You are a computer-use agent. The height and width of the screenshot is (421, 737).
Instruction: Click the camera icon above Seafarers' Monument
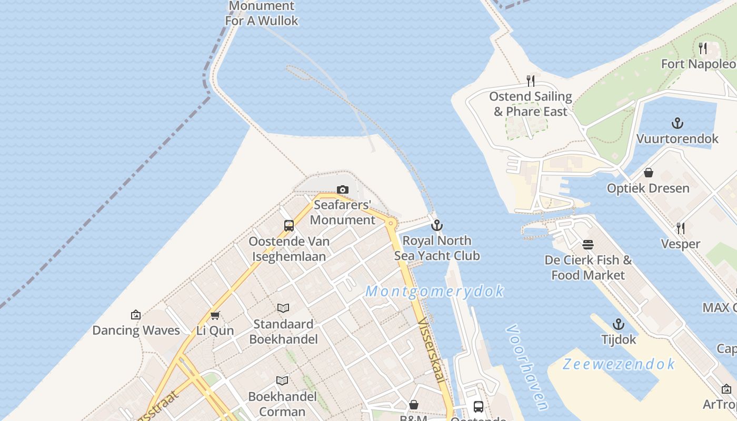(x=343, y=189)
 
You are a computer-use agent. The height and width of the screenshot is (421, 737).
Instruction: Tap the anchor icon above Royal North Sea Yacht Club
(x=436, y=226)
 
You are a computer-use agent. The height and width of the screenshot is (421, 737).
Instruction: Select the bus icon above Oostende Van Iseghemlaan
(x=289, y=226)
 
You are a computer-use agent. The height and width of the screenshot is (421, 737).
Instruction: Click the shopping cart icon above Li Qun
(x=215, y=315)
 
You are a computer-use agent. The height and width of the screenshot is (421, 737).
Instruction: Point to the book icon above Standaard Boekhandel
(x=283, y=308)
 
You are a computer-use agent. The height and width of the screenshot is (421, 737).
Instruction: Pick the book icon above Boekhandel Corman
(x=283, y=380)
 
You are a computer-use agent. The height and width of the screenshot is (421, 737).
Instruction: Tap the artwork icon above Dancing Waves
(x=136, y=315)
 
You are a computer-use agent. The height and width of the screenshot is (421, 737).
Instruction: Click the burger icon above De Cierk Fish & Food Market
(x=588, y=245)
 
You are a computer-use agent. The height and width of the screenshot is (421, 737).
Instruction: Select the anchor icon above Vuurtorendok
(x=678, y=123)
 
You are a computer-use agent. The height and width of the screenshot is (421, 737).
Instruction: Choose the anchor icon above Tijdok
(x=619, y=324)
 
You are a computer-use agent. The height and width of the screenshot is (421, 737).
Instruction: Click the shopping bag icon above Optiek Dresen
(x=649, y=173)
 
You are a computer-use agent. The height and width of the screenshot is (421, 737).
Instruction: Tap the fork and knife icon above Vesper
(x=681, y=228)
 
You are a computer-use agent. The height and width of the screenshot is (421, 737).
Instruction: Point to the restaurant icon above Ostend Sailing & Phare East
(x=531, y=81)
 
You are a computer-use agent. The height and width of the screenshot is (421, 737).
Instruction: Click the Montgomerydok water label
(x=435, y=291)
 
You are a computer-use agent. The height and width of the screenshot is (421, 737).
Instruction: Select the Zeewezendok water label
(x=619, y=364)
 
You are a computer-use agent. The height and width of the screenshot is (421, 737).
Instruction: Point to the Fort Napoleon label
(x=699, y=64)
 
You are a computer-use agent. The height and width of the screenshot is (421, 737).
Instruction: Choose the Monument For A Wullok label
(x=262, y=13)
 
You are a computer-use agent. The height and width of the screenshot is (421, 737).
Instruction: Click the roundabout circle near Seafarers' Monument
(x=391, y=223)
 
